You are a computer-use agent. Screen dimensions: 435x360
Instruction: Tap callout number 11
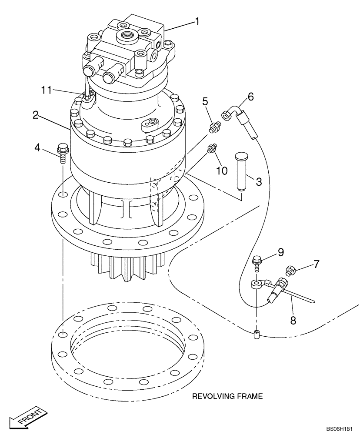tap(47, 90)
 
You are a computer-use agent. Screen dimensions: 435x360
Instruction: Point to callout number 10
tap(222, 170)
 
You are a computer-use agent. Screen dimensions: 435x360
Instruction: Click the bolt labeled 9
tap(257, 263)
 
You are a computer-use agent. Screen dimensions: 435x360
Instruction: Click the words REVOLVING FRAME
tap(227, 396)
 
